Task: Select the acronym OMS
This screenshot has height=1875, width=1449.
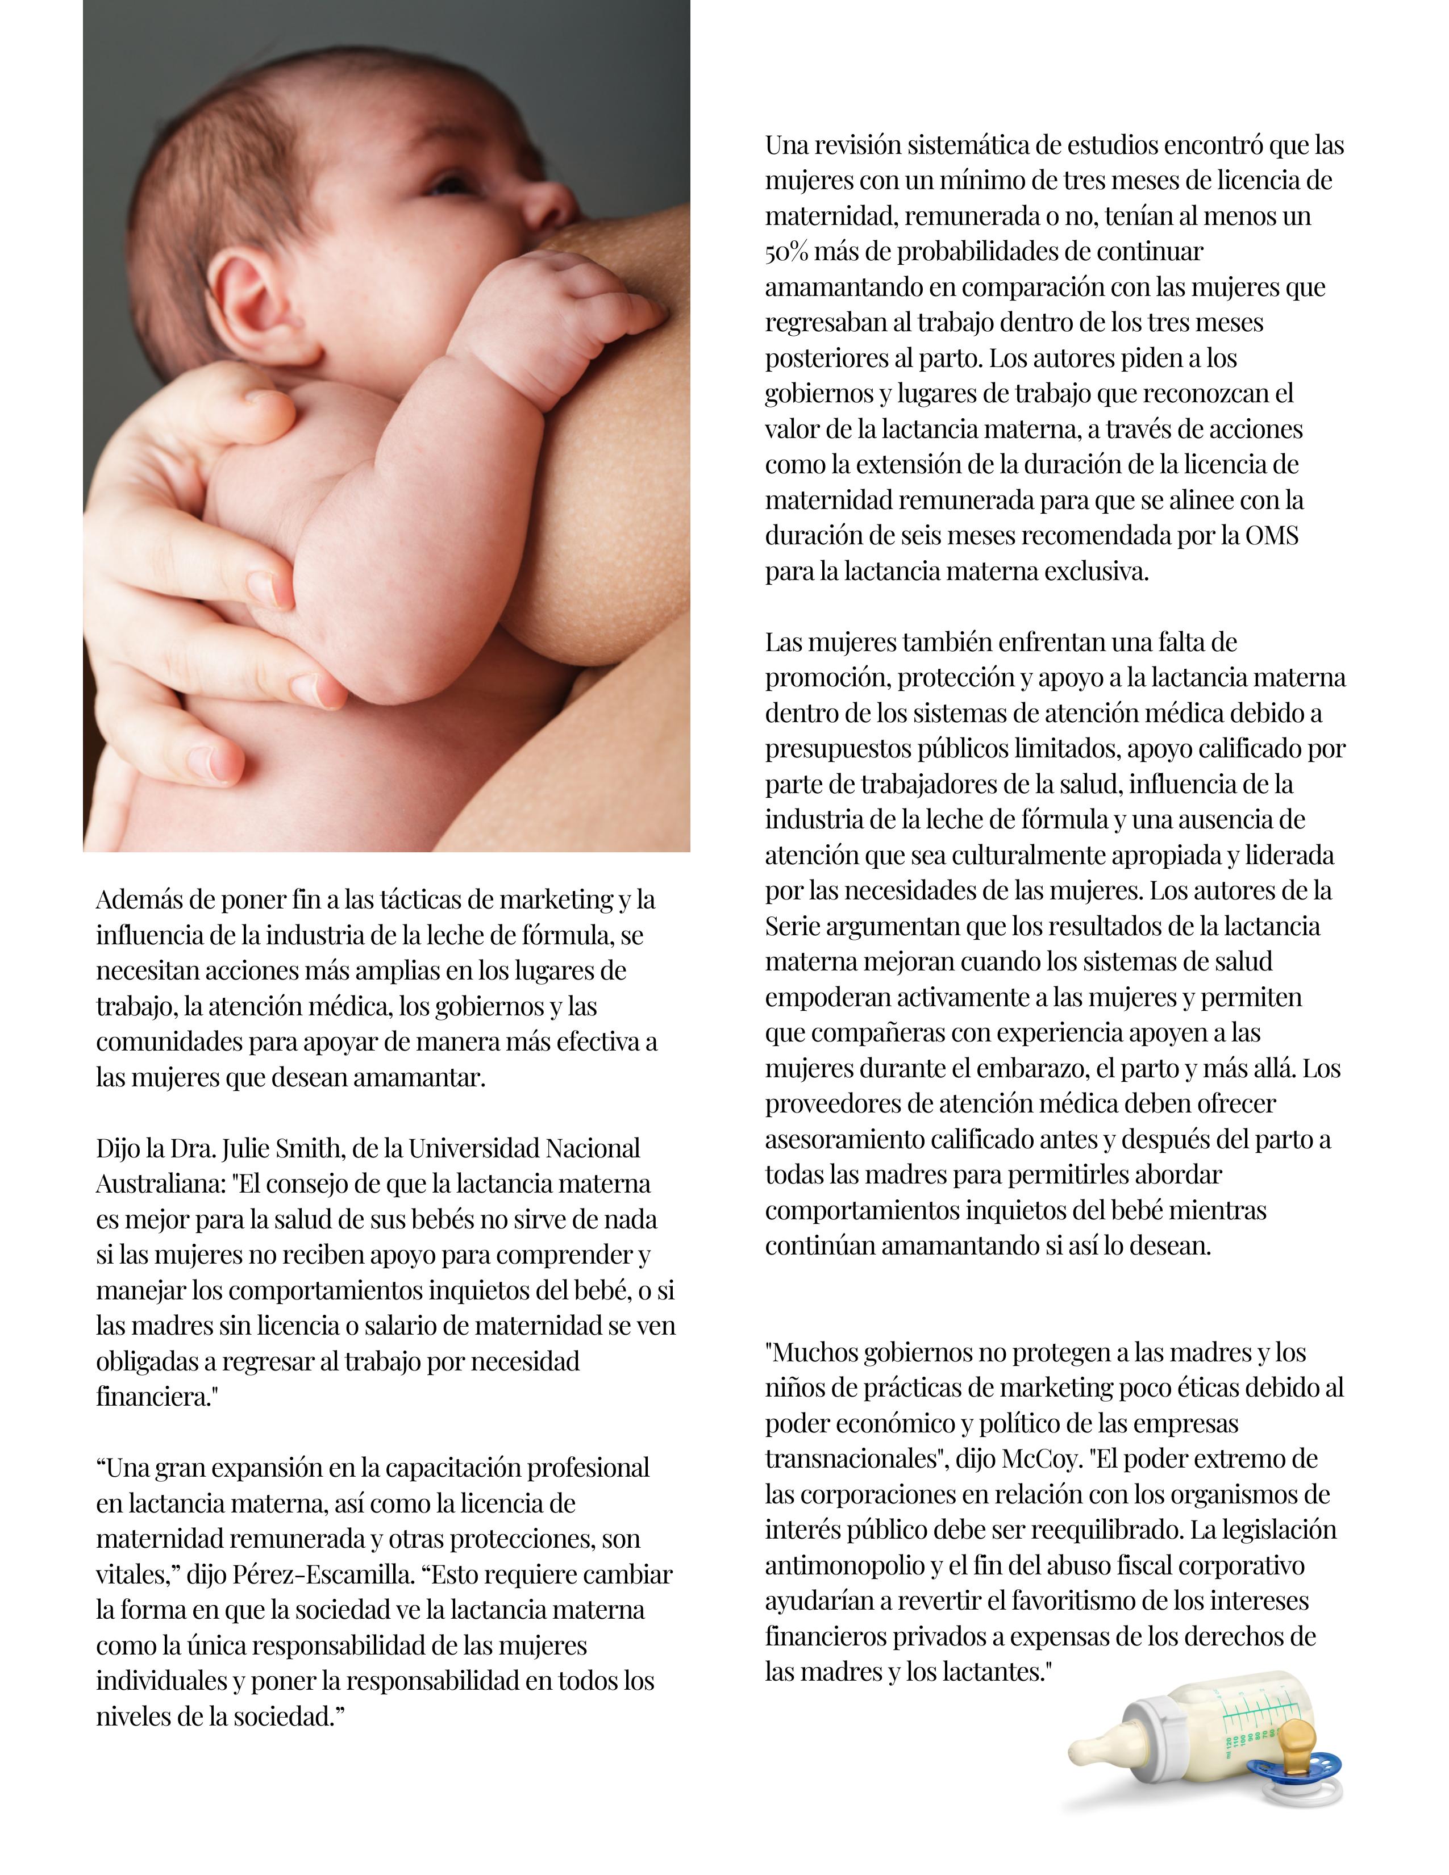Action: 1273,536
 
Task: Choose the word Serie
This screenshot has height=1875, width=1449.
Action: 792,926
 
